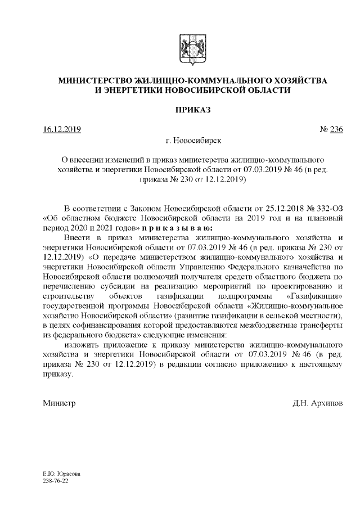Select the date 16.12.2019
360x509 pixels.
(62, 130)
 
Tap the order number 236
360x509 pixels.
(336, 130)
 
